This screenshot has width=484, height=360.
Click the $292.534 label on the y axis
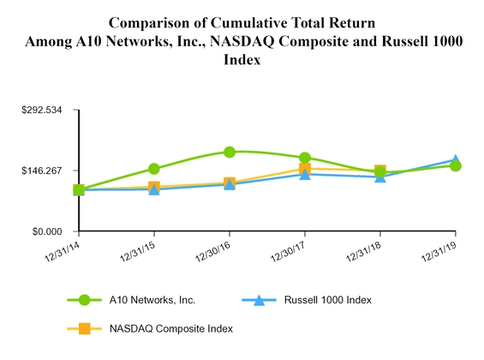pyautogui.click(x=42, y=110)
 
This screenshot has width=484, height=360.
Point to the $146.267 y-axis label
pyautogui.click(x=42, y=171)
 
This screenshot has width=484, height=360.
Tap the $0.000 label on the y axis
pyautogui.click(x=47, y=231)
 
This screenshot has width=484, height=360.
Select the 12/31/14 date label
pyautogui.click(x=63, y=251)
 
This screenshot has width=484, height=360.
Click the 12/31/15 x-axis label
pyautogui.click(x=138, y=251)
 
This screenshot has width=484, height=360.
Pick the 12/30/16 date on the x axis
pyautogui.click(x=213, y=251)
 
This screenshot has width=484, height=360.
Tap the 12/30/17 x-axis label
pyautogui.click(x=289, y=251)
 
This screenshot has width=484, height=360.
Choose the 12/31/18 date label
pyautogui.click(x=364, y=251)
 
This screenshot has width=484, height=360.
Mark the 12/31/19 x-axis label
pyautogui.click(x=439, y=251)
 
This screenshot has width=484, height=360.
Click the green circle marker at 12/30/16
pyautogui.click(x=230, y=152)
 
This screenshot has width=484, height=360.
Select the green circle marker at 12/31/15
pyautogui.click(x=154, y=169)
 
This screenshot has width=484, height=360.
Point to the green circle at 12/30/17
pyautogui.click(x=305, y=158)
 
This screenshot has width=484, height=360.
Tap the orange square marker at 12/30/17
pyautogui.click(x=305, y=169)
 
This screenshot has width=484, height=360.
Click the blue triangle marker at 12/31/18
pyautogui.click(x=380, y=177)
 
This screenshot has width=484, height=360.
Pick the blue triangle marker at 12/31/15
pyautogui.click(x=154, y=189)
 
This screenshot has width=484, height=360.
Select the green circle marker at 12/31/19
pyautogui.click(x=455, y=165)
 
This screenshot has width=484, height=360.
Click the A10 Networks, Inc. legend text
pyautogui.click(x=152, y=300)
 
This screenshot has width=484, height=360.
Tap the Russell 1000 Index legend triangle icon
pyautogui.click(x=259, y=300)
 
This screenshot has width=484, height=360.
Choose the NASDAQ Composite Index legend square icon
pyautogui.click(x=84, y=328)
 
